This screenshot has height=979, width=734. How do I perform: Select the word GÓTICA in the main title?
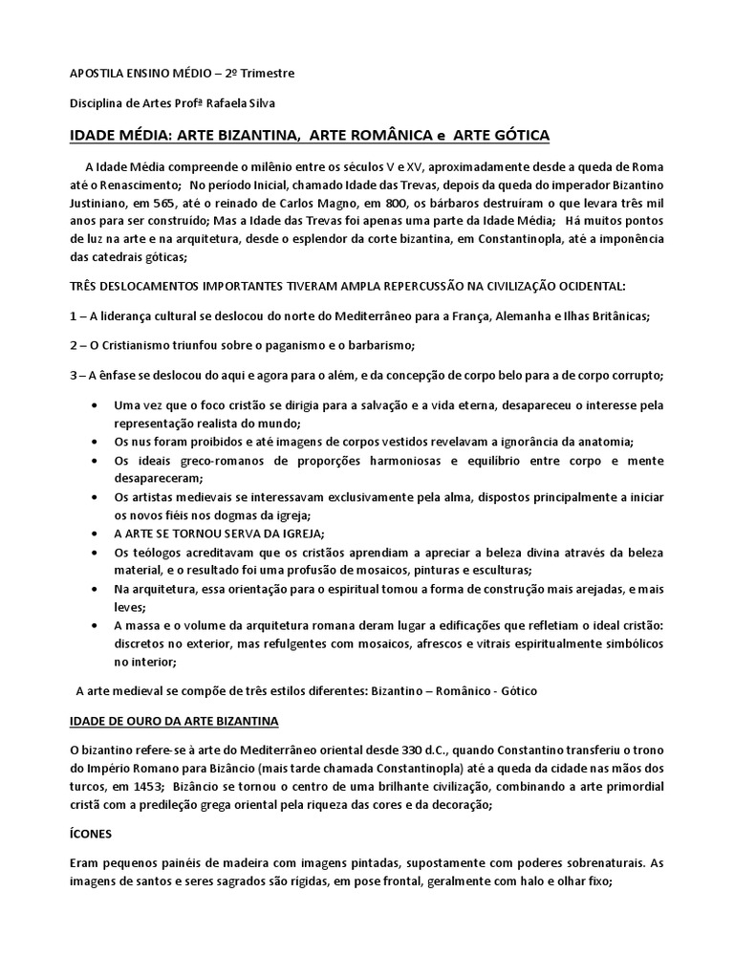tap(516, 136)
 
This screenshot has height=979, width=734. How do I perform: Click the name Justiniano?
tap(104, 203)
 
